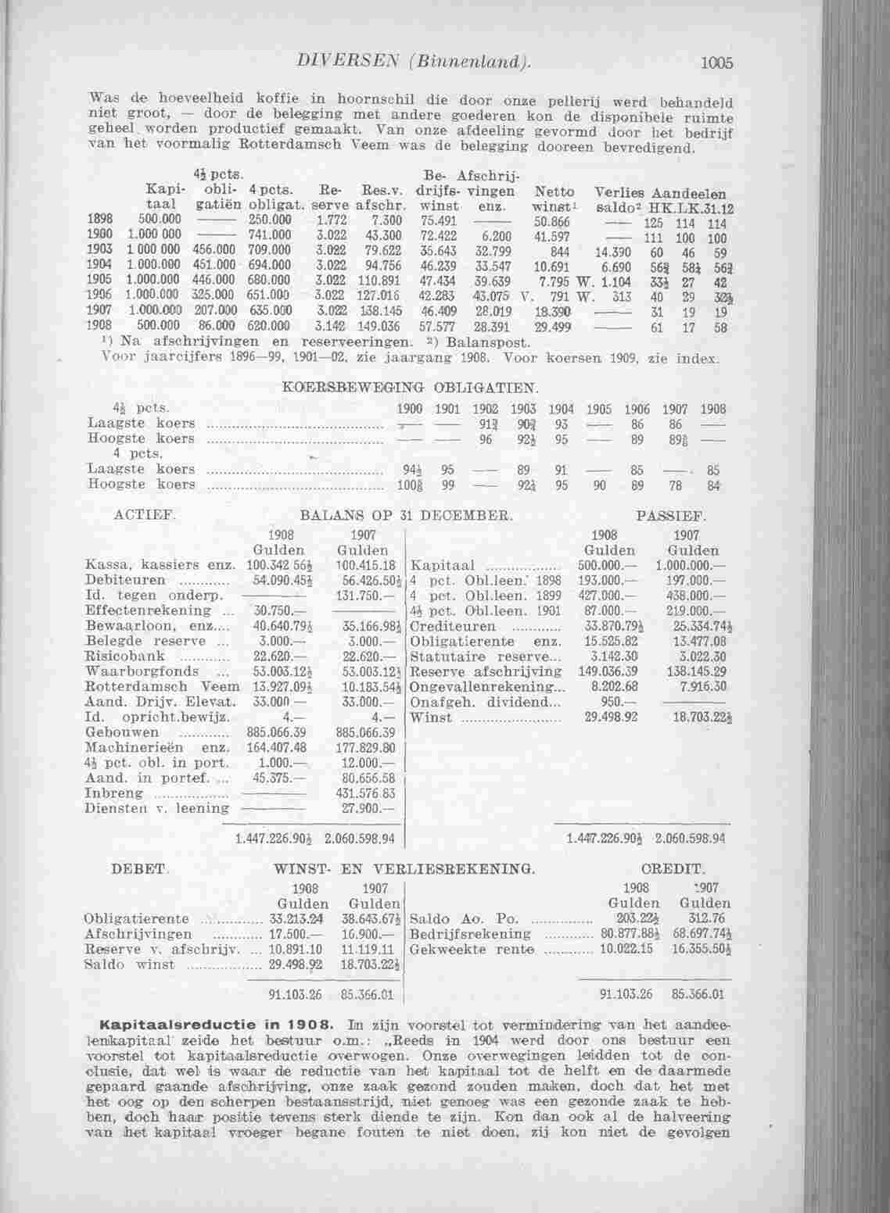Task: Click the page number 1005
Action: click(x=716, y=63)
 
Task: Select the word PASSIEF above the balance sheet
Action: click(x=672, y=517)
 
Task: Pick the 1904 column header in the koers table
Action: click(x=562, y=409)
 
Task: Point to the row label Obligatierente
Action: click(x=136, y=918)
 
